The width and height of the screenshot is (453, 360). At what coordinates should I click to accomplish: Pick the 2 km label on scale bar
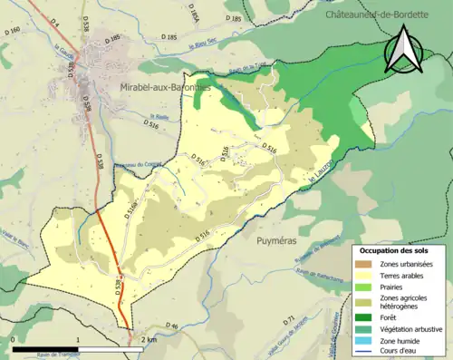coord(149,339)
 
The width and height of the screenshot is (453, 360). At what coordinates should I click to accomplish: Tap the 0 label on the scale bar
coord(14,339)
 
